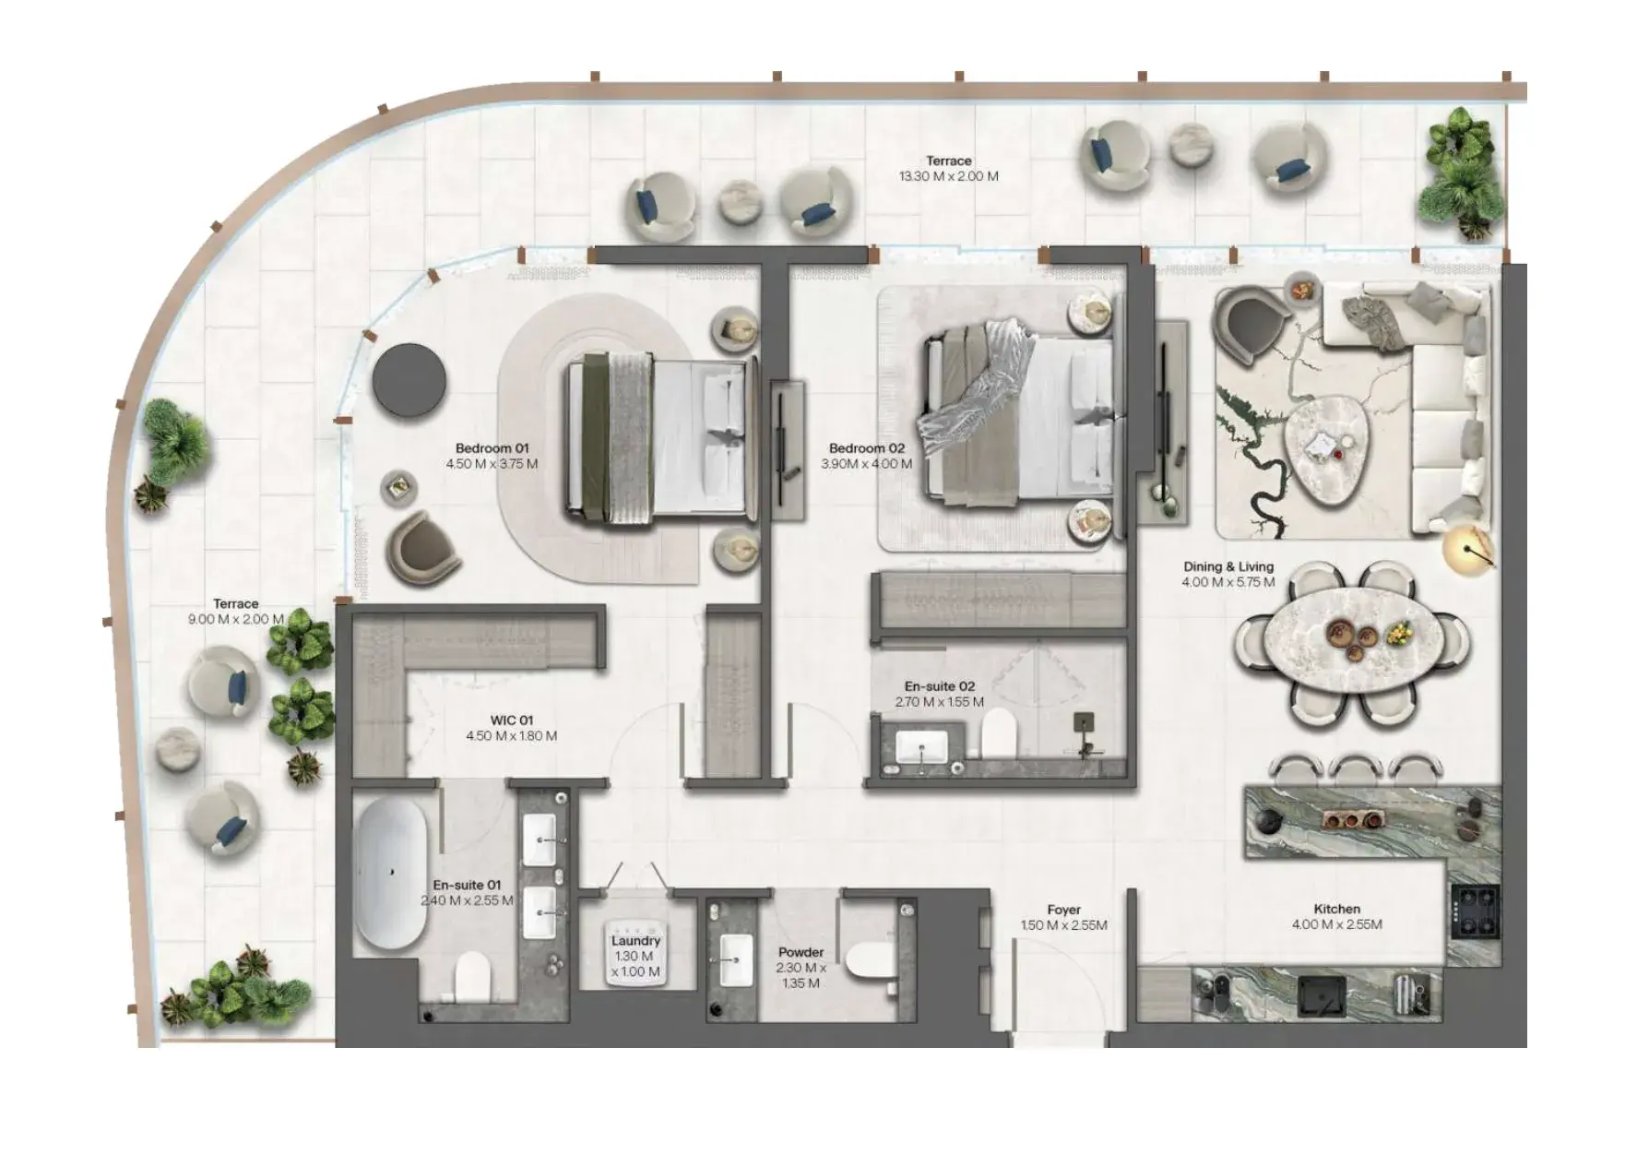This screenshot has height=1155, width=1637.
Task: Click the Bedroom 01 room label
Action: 492,448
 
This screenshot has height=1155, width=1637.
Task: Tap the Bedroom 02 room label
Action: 867,448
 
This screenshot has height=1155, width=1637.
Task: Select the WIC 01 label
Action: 512,720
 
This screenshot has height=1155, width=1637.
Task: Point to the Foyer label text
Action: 1063,910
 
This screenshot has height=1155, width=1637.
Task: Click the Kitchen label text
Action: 1337,909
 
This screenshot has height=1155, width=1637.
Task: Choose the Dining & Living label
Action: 1228,566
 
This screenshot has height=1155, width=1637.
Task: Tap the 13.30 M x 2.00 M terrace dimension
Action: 949,176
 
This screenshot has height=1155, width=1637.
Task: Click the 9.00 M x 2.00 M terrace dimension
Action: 236,619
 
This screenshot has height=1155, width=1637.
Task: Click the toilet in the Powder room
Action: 868,960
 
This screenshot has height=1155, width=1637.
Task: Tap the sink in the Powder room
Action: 736,959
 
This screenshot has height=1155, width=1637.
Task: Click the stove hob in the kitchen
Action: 1475,911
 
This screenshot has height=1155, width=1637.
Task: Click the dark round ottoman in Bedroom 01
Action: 409,381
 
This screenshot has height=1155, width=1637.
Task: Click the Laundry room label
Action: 635,941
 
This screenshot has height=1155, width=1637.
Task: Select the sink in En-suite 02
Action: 921,746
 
